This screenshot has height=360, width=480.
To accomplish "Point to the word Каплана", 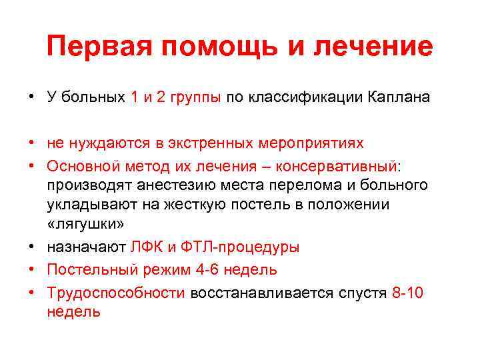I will pyautogui.click(x=397, y=97).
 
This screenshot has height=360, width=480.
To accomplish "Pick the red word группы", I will pyautogui.click(x=194, y=97).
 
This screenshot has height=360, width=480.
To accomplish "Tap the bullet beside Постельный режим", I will pyautogui.click(x=32, y=269).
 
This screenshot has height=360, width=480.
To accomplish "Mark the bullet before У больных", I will pyautogui.click(x=32, y=97).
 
